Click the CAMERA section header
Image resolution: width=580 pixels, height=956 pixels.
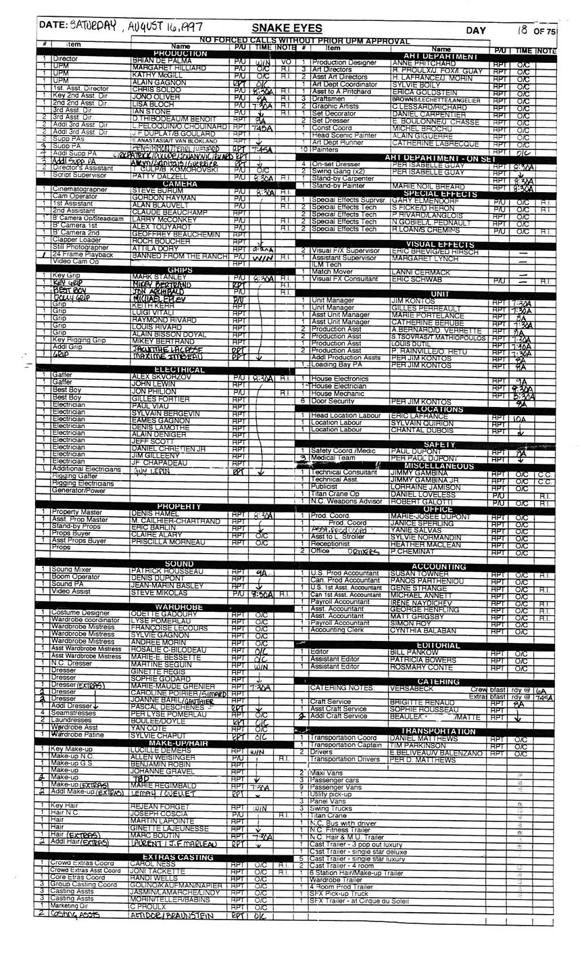coord(180,183)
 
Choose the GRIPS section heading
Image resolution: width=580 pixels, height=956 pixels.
coord(180,270)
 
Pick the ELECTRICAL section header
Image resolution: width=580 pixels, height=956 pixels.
coord(180,370)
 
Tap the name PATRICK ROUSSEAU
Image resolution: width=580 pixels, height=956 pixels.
coord(164,571)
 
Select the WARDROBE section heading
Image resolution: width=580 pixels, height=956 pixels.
coord(180,606)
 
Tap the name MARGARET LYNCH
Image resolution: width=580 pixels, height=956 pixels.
coord(418,258)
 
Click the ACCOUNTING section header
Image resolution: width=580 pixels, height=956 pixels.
coord(439,566)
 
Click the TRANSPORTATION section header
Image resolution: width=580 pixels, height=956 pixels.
coord(439,731)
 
